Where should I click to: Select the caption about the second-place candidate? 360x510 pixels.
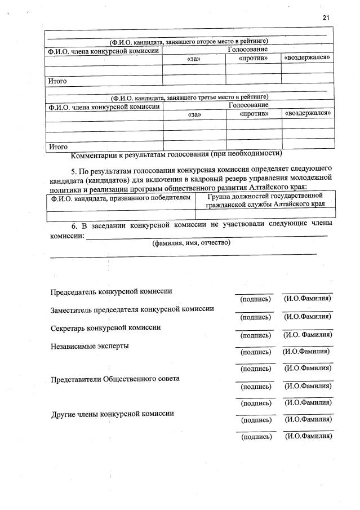pyautogui.click(x=189, y=41)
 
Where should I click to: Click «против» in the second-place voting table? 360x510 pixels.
pyautogui.click(x=253, y=58)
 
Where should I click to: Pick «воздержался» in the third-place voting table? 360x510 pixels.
pyautogui.click(x=308, y=113)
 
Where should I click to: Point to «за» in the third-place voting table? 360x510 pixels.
pyautogui.click(x=194, y=114)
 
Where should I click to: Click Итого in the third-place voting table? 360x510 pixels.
pyautogui.click(x=58, y=147)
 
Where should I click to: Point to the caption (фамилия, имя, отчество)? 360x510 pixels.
pyautogui.click(x=191, y=243)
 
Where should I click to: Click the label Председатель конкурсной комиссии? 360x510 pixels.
pyautogui.click(x=112, y=291)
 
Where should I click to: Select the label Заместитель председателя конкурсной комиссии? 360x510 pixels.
pyautogui.click(x=132, y=309)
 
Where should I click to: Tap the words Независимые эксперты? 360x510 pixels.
pyautogui.click(x=90, y=345)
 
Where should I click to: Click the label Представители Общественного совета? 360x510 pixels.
pyautogui.click(x=115, y=379)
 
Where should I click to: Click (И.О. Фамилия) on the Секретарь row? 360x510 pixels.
pyautogui.click(x=307, y=335)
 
